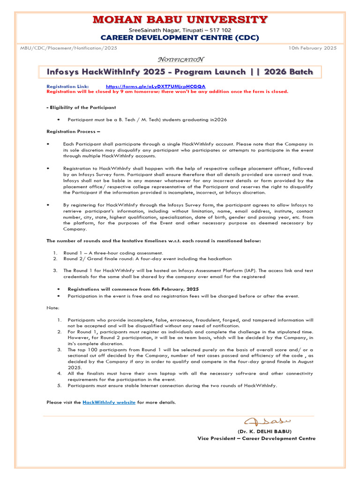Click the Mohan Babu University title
180,20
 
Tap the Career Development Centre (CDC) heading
180,37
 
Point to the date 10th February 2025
312,48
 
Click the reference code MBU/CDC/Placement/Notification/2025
68,48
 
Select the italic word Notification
180,60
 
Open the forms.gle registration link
155,87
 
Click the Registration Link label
67,87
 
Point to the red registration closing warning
167,91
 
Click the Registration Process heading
73,132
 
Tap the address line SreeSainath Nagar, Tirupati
180,29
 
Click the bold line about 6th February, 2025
133,289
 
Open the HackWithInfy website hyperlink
109,402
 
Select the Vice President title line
256,438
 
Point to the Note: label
53,308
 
